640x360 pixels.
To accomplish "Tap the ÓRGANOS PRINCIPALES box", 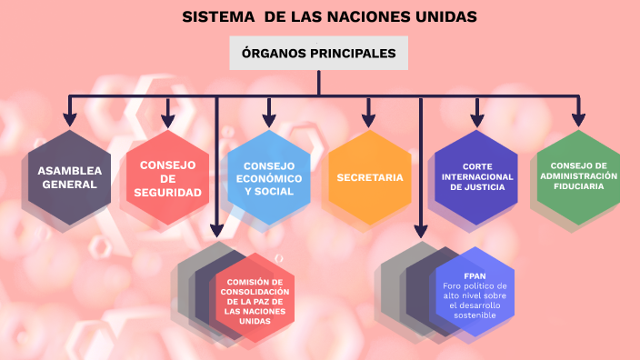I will pyautogui.click(x=318, y=54).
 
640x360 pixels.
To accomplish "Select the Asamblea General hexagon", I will pyautogui.click(x=69, y=177).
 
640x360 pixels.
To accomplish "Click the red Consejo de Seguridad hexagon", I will pyautogui.click(x=167, y=177).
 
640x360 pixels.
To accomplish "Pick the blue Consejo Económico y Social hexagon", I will pyautogui.click(x=269, y=177).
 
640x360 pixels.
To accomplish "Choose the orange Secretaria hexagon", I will pyautogui.click(x=369, y=177).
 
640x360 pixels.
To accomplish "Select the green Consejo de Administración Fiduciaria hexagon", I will pyautogui.click(x=578, y=177).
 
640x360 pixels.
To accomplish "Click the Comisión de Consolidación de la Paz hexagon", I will pyautogui.click(x=255, y=297).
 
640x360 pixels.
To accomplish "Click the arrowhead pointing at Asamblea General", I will pyautogui.click(x=69, y=118).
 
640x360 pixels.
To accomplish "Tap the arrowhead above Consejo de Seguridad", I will pyautogui.click(x=167, y=118).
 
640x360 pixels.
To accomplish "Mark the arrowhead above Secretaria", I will pyautogui.click(x=368, y=118).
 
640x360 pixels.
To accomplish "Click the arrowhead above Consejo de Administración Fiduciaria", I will pyautogui.click(x=578, y=118).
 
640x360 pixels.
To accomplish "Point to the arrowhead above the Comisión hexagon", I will pyautogui.click(x=216, y=229).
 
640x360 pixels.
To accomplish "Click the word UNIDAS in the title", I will pyautogui.click(x=445, y=16).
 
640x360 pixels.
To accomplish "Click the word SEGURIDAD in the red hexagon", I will pyautogui.click(x=167, y=193).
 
